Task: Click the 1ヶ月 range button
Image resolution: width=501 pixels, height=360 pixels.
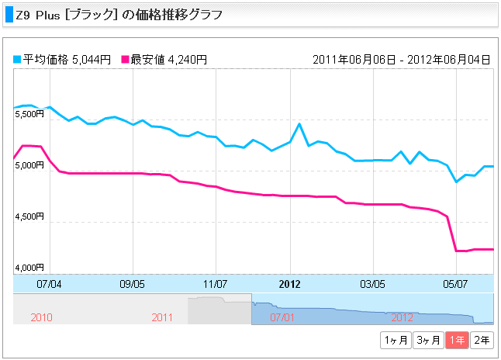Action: (395, 340)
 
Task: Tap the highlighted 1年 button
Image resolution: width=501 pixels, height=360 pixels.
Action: (458, 340)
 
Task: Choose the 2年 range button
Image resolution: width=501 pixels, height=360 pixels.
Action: (481, 340)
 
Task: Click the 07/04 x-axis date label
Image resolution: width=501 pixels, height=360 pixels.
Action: (49, 284)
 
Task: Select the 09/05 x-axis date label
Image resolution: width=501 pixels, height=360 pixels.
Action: (133, 284)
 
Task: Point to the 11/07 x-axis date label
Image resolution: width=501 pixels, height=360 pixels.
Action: (215, 284)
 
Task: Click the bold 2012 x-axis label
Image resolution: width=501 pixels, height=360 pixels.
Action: (289, 284)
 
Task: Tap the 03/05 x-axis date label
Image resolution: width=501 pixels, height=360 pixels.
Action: (373, 284)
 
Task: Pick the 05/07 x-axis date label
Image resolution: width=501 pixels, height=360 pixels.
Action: (455, 284)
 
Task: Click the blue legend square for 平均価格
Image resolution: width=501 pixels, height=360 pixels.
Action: (18, 59)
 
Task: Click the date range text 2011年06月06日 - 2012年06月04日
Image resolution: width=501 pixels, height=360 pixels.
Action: (401, 59)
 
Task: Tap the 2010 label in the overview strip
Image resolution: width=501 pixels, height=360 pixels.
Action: (41, 317)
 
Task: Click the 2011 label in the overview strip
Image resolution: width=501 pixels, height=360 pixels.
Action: (162, 317)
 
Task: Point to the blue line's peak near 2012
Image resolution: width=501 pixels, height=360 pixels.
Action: (299, 123)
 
